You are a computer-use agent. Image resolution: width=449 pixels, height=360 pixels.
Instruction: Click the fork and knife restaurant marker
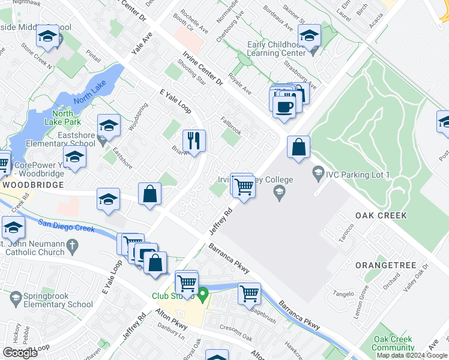[x=194, y=141]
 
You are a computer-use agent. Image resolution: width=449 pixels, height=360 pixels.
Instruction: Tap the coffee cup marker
[x=284, y=107]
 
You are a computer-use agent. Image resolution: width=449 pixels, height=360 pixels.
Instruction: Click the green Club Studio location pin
[x=203, y=295]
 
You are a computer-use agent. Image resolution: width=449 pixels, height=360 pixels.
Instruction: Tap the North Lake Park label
[x=62, y=118]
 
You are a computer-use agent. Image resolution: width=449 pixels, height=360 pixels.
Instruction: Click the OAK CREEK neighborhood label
[x=381, y=215]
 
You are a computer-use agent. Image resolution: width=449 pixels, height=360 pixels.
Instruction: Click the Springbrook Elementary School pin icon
[x=15, y=296]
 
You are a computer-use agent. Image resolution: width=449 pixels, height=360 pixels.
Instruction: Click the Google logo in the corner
[x=20, y=353]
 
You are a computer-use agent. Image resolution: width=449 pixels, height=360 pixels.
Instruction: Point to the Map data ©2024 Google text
[x=412, y=355]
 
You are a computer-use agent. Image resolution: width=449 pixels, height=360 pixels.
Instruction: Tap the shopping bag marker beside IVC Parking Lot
[x=298, y=147]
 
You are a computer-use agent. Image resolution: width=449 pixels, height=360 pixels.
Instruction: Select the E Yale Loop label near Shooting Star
[x=175, y=101]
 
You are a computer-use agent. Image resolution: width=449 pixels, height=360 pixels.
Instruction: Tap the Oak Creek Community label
[x=393, y=343]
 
